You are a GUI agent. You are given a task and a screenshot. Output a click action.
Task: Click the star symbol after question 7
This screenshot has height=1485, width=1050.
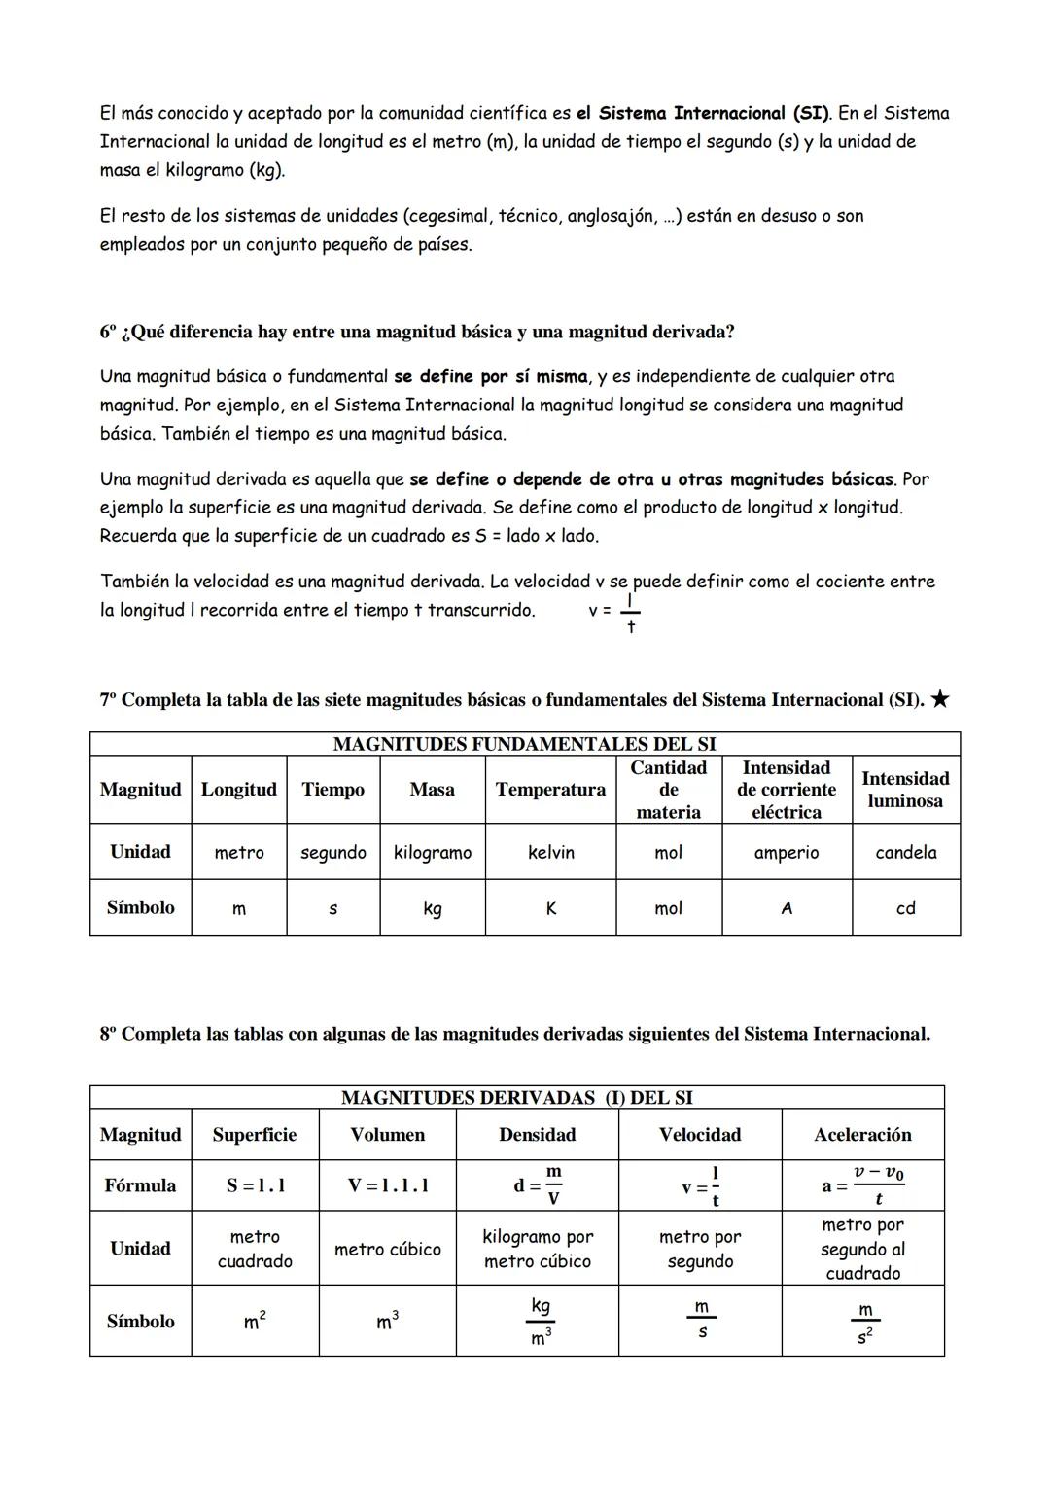pyautogui.click(x=939, y=699)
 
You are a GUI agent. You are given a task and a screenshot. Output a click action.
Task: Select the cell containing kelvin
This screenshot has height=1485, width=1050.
pyautogui.click(x=550, y=852)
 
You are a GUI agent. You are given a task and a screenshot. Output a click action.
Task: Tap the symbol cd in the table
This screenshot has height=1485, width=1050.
pyautogui.click(x=905, y=907)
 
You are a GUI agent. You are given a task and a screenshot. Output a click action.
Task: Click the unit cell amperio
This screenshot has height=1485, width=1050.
pyautogui.click(x=787, y=852)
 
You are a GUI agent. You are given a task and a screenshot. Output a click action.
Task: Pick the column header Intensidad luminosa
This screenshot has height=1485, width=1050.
pyautogui.click(x=905, y=790)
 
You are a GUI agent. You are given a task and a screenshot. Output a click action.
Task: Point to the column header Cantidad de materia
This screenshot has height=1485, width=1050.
pyautogui.click(x=668, y=790)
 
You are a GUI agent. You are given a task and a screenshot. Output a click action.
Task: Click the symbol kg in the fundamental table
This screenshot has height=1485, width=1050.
pyautogui.click(x=432, y=908)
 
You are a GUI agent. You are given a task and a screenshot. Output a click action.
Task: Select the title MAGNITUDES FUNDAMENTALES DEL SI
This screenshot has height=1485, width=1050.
pyautogui.click(x=524, y=744)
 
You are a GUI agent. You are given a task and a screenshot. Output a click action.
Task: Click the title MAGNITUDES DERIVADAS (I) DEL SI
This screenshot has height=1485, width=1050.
pyautogui.click(x=516, y=1098)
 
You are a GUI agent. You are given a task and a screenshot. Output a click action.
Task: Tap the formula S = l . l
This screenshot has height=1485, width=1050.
pyautogui.click(x=256, y=1185)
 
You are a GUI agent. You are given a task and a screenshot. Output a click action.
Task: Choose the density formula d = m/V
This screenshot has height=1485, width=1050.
pyautogui.click(x=537, y=1185)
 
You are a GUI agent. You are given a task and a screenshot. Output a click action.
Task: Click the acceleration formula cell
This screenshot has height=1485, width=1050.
pyautogui.click(x=862, y=1185)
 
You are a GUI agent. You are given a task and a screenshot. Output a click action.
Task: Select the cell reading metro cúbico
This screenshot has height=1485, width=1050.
pyautogui.click(x=387, y=1249)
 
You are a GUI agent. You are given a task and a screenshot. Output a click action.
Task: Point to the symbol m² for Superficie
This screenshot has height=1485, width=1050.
pyautogui.click(x=255, y=1322)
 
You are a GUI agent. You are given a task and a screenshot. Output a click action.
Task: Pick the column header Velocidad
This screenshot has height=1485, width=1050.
pyautogui.click(x=699, y=1135)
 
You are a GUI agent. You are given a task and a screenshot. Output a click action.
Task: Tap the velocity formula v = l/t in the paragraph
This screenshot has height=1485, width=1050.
pyautogui.click(x=614, y=612)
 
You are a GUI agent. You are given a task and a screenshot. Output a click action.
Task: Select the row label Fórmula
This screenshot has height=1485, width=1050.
pyautogui.click(x=140, y=1185)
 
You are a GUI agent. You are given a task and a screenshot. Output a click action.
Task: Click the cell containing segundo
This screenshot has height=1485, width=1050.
pyautogui.click(x=332, y=852)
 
